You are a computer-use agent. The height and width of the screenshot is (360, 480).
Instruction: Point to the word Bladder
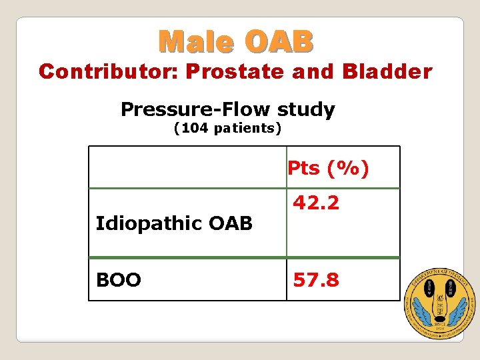tap(387, 71)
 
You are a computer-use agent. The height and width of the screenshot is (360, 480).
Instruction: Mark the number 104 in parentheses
tap(198, 128)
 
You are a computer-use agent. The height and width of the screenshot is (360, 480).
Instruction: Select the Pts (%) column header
tap(327, 169)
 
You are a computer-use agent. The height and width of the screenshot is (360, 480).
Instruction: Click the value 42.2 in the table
tap(316, 203)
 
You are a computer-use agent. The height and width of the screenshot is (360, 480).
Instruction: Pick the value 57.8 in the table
tap(316, 280)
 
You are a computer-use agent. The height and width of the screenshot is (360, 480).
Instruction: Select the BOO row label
tap(118, 281)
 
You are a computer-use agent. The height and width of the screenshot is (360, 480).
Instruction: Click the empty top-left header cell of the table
tap(187, 168)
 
